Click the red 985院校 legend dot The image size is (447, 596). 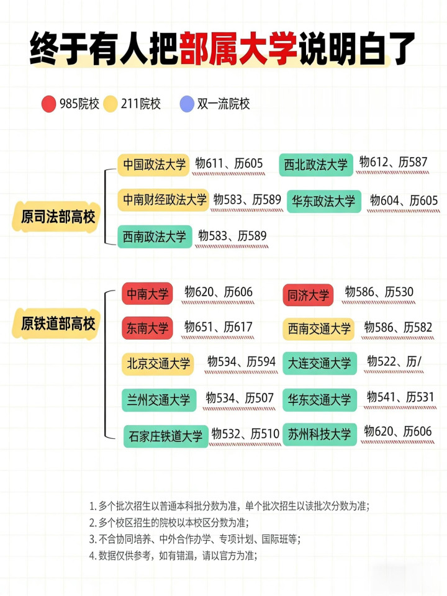tap(49, 104)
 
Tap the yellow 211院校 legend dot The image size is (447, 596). tap(111, 104)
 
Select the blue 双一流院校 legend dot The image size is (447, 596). tap(187, 104)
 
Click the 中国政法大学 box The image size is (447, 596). tap(155, 165)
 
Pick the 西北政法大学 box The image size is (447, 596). tap(316, 165)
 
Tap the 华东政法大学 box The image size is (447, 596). tap(323, 201)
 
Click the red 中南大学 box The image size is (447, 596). tap(147, 294)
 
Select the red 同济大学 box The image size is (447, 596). tap(308, 296)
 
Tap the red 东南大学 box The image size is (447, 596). tap(147, 328)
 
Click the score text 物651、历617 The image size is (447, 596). tap(219, 327)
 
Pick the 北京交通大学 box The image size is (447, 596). tap(158, 364)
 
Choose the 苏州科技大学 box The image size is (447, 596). tap(319, 435)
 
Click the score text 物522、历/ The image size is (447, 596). tap(395, 362)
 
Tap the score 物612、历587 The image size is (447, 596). tap(394, 163)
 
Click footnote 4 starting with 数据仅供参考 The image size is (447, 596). tap(173, 556)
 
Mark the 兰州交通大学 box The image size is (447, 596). tap(158, 400)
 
